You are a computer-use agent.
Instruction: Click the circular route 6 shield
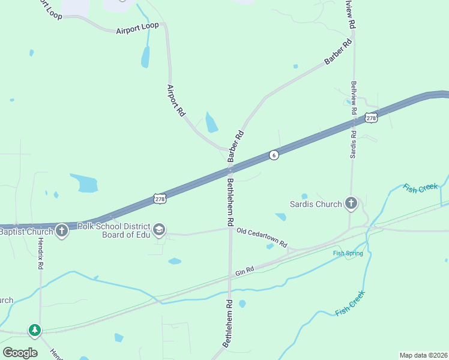[x=274, y=155]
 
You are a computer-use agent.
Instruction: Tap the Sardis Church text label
[x=315, y=204]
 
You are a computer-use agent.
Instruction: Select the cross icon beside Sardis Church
[x=351, y=204]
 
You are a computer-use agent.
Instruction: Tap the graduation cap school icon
[x=159, y=230]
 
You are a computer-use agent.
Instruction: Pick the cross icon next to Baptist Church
[x=61, y=231]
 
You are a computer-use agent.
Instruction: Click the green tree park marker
[x=35, y=329]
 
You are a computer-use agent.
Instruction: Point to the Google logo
[x=20, y=352]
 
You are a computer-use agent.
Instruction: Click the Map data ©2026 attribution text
[x=423, y=355]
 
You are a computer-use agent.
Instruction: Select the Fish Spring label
[x=348, y=253]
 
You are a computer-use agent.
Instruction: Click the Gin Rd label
[x=246, y=271]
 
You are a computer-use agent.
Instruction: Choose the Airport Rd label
[x=175, y=100]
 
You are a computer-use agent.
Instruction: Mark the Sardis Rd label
[x=354, y=140]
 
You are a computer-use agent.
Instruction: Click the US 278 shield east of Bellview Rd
[x=372, y=118]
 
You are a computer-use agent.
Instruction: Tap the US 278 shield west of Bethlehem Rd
[x=159, y=199]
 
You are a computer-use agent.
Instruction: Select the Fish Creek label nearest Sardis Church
[x=420, y=188]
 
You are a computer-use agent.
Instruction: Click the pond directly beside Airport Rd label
[x=211, y=122]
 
